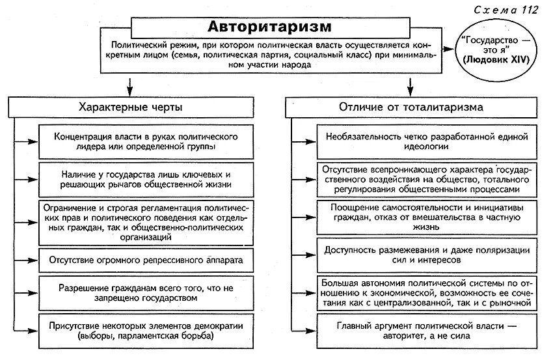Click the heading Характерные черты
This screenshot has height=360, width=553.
pos(130,106)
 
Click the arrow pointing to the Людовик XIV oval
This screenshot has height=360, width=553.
pos(449,49)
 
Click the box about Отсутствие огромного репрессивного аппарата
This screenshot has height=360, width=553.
pos(139,260)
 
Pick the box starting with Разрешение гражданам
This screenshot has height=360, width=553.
pos(139,292)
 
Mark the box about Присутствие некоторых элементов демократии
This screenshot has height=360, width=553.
pos(139,331)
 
